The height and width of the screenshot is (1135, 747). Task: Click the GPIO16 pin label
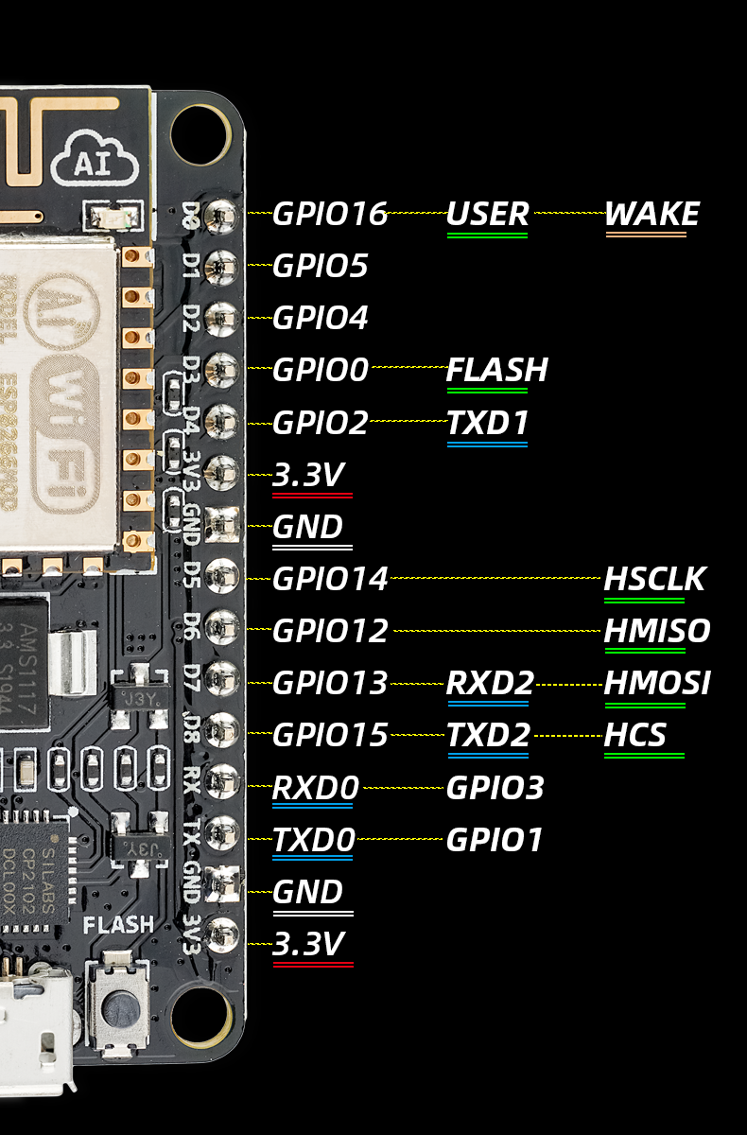pos(330,214)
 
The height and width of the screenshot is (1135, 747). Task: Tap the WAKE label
pos(651,214)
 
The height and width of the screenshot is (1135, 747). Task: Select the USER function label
pos(487,214)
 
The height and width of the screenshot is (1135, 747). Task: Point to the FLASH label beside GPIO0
pos(497,369)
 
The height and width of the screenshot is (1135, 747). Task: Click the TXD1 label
pos(487,422)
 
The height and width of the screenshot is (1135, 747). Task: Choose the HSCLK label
pos(654,579)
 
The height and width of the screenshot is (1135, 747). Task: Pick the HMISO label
pos(657,631)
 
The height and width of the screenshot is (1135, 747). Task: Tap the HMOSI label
pos(657,683)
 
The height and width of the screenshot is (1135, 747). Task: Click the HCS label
pos(635,735)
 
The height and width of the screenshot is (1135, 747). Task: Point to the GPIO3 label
pos(495,788)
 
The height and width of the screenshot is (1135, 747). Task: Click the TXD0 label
pos(313,840)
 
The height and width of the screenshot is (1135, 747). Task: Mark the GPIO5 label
pos(320,266)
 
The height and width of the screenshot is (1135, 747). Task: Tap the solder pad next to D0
pos(222,216)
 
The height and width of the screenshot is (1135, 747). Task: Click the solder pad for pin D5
pos(222,573)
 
